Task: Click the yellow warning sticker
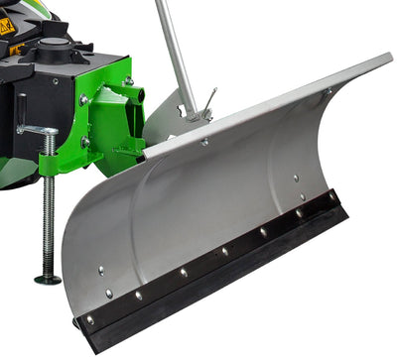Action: click(7, 27)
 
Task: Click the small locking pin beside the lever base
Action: click(209, 100)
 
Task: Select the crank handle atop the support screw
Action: click(36, 129)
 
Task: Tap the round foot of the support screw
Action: click(48, 280)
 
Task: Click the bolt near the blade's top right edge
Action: click(329, 91)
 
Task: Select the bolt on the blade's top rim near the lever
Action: click(204, 143)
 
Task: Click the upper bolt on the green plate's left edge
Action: click(83, 99)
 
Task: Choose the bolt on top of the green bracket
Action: click(128, 80)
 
